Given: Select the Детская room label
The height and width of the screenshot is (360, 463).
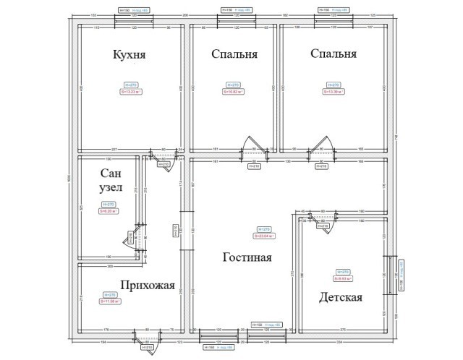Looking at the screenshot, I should click(x=339, y=297).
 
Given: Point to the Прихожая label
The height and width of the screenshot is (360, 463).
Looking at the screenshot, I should click(x=148, y=285).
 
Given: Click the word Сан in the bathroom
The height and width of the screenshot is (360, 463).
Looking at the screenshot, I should click(x=111, y=173).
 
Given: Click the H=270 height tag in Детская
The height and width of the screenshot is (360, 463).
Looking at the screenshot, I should click(x=345, y=271).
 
